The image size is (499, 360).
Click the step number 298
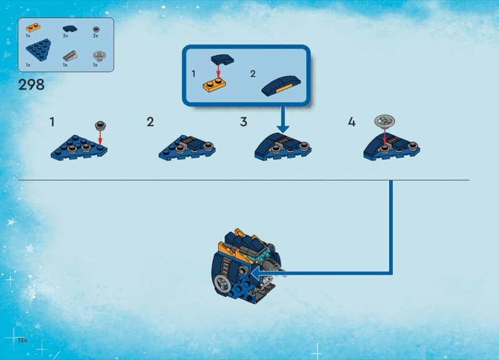[31, 85]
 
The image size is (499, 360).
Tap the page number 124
[22, 340]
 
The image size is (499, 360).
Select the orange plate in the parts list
[33, 27]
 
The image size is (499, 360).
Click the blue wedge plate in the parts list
[38, 50]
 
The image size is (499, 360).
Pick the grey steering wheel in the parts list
[99, 56]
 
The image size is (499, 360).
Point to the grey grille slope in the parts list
[70, 56]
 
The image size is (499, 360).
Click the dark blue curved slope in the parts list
[70, 29]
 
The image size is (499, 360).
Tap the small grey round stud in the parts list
[96, 29]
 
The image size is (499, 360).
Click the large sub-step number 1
[52, 122]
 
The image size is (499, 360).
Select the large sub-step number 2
[150, 122]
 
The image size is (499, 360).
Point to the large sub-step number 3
[244, 122]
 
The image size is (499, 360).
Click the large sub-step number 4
[352, 122]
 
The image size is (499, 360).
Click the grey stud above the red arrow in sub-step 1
[100, 125]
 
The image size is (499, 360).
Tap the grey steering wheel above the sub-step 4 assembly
[384, 121]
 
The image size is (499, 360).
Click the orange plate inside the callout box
[214, 85]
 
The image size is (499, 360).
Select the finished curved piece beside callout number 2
[281, 85]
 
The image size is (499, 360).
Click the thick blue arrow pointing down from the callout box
[283, 120]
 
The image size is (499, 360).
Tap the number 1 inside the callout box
[193, 74]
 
